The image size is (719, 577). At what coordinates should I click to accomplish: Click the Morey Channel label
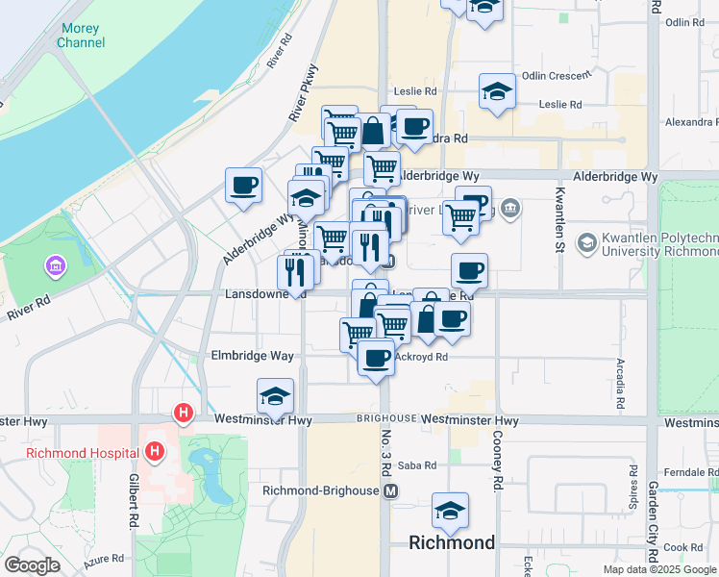pyautogui.click(x=81, y=36)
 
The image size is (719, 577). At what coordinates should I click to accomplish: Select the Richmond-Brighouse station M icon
pyautogui.click(x=390, y=490)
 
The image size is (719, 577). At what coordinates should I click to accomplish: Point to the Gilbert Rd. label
pyautogui.click(x=132, y=501)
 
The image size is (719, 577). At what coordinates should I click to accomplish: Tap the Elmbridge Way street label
pyautogui.click(x=252, y=356)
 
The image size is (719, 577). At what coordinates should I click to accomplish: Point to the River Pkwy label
pyautogui.click(x=302, y=99)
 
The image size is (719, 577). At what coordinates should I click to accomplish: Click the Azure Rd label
pyautogui.click(x=104, y=558)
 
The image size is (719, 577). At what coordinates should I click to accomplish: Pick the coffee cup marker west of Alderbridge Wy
pyautogui.click(x=243, y=184)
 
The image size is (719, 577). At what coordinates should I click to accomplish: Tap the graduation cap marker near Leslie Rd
pyautogui.click(x=497, y=91)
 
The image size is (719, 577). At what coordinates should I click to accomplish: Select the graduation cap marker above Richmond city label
pyautogui.click(x=449, y=510)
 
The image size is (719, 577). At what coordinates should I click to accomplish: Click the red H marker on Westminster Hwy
pyautogui.click(x=183, y=414)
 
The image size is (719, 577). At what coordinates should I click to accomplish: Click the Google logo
pyautogui.click(x=33, y=564)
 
